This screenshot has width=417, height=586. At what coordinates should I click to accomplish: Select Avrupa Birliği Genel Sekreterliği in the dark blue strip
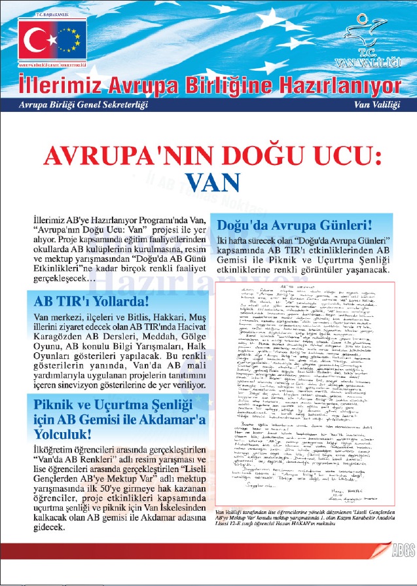84,105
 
